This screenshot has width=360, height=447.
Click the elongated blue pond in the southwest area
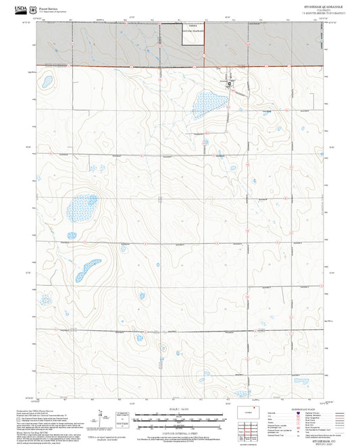(x=88, y=269)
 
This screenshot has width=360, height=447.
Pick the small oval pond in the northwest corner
(x=47, y=83)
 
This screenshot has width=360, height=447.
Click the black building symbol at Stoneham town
(x=230, y=84)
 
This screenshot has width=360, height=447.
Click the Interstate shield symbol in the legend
(x=282, y=414)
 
